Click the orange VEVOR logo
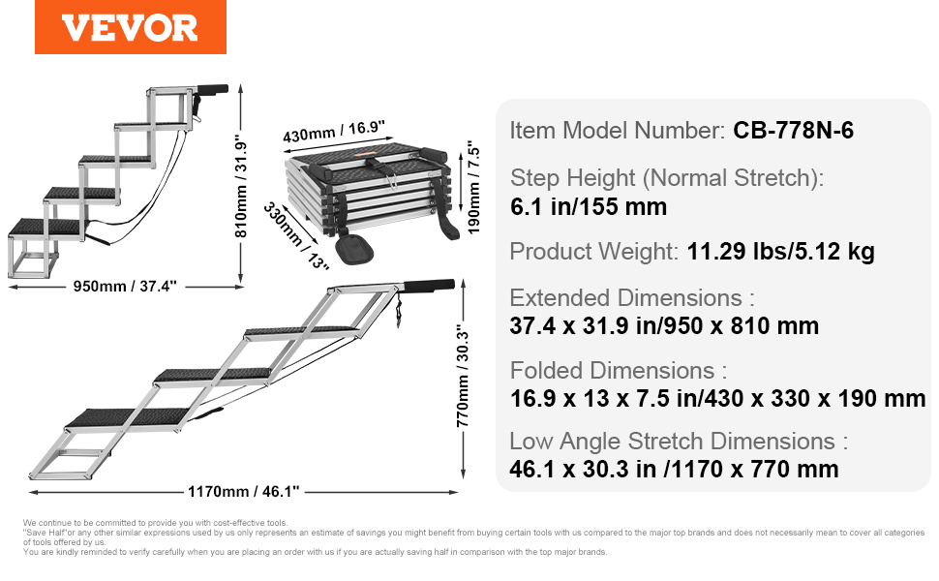pos(131,27)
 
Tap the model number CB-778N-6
pos(793,130)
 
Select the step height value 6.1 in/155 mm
pos(588,206)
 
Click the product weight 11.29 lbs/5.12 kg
pos(780,252)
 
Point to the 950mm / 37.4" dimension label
pos(125,287)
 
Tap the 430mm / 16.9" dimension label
pos(334,132)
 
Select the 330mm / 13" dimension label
pos(296,236)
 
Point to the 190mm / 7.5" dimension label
pos(473,188)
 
